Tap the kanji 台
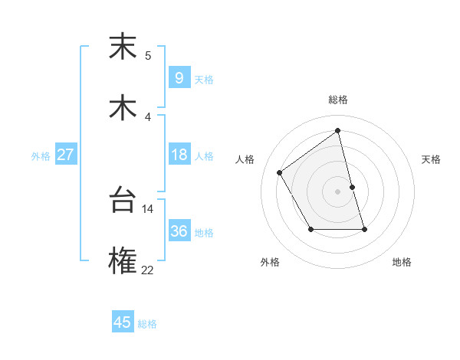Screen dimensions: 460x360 (123, 200)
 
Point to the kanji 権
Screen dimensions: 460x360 (123, 261)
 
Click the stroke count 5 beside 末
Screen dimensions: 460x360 (148, 55)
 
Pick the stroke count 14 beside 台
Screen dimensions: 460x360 (148, 208)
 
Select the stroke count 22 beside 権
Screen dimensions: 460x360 (148, 270)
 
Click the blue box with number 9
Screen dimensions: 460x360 (179, 77)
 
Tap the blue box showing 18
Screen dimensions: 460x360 (179, 154)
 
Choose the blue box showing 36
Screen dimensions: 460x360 (179, 231)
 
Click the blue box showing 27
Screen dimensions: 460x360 (65, 154)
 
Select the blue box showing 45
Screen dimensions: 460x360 (123, 322)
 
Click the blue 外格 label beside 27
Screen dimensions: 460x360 (41, 156)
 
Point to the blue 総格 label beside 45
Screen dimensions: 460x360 (147, 325)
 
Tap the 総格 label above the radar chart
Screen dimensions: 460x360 (338, 100)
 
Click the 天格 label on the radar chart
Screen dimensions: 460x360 (432, 159)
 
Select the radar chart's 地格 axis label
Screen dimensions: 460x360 (402, 262)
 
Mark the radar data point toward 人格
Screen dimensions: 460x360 (280, 172)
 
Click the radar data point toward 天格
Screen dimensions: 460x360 (352, 187)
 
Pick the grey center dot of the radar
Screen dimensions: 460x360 (338, 191)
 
